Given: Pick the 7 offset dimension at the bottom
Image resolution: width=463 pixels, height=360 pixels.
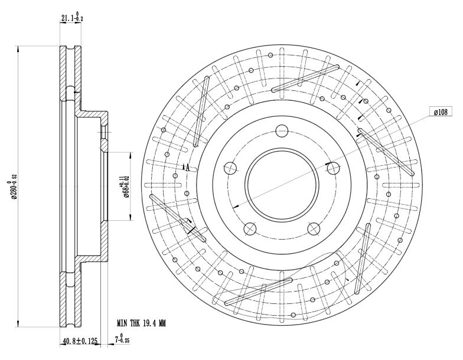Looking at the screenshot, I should pyautogui.click(x=120, y=339).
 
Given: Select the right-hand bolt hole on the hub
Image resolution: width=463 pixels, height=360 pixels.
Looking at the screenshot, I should pyautogui.click(x=332, y=168).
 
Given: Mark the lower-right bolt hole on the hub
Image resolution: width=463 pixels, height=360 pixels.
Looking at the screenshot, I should pyautogui.click(x=314, y=227).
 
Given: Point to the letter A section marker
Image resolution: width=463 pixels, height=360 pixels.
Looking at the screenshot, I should pyautogui.click(x=187, y=168).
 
